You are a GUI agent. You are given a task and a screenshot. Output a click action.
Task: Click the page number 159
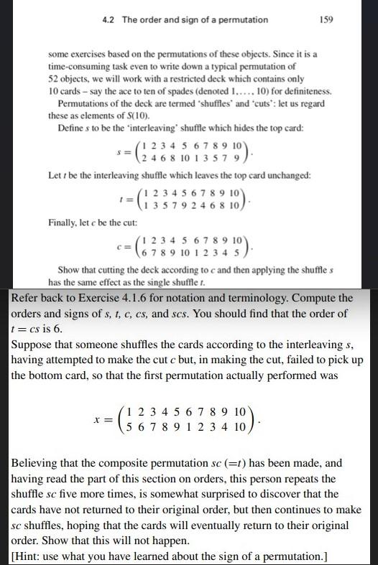tap(326, 19)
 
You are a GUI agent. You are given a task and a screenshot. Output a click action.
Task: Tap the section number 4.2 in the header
tap(111, 19)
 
